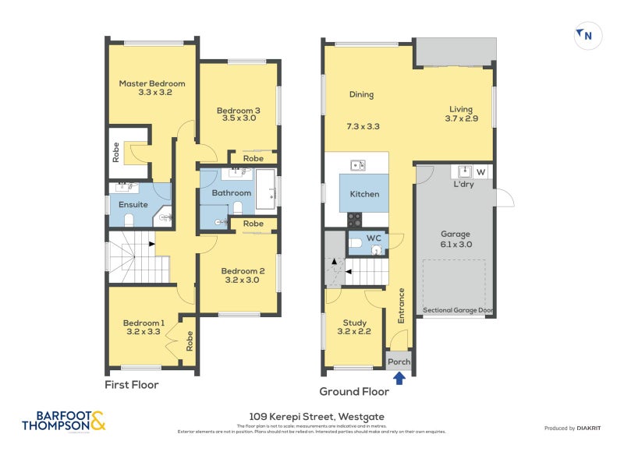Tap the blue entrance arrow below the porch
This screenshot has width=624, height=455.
399,378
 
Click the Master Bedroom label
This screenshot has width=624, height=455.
152,83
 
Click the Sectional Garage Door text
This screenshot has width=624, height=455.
458,310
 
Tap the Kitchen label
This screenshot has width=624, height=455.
364,194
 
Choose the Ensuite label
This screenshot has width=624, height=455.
133,205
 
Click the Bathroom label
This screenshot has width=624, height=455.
232,192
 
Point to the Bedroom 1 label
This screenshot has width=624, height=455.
144,323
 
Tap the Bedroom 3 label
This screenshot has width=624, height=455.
238,111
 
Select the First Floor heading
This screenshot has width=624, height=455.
132,385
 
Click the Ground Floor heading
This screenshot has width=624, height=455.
354,391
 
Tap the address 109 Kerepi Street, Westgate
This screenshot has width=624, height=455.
317,417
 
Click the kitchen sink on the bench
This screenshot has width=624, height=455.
357,165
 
